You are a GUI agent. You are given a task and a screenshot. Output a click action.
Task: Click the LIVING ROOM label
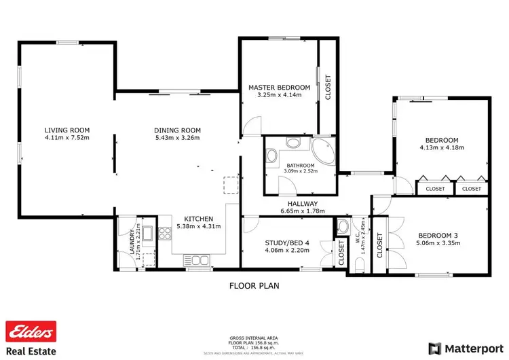pyautogui.click(x=67, y=130)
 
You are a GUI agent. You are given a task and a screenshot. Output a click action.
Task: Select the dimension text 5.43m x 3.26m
pyautogui.click(x=178, y=138)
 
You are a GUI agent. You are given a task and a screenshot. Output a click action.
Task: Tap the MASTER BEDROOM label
pyautogui.click(x=279, y=88)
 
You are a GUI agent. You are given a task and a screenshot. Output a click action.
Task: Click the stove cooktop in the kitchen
pyautogui.click(x=165, y=234)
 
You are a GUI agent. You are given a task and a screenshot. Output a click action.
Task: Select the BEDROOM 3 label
pyautogui.click(x=436, y=236)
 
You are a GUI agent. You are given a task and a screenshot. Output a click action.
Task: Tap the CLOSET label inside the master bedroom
pyautogui.click(x=328, y=87)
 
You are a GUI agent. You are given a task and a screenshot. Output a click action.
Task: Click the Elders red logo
pyautogui.click(x=30, y=331)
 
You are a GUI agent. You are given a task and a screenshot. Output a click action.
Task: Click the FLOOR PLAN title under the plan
pyautogui.click(x=254, y=286)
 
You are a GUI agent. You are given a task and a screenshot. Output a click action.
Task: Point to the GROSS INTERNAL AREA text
pyautogui.click(x=254, y=338)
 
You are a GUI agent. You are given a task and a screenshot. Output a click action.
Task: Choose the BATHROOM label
pyautogui.click(x=299, y=166)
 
